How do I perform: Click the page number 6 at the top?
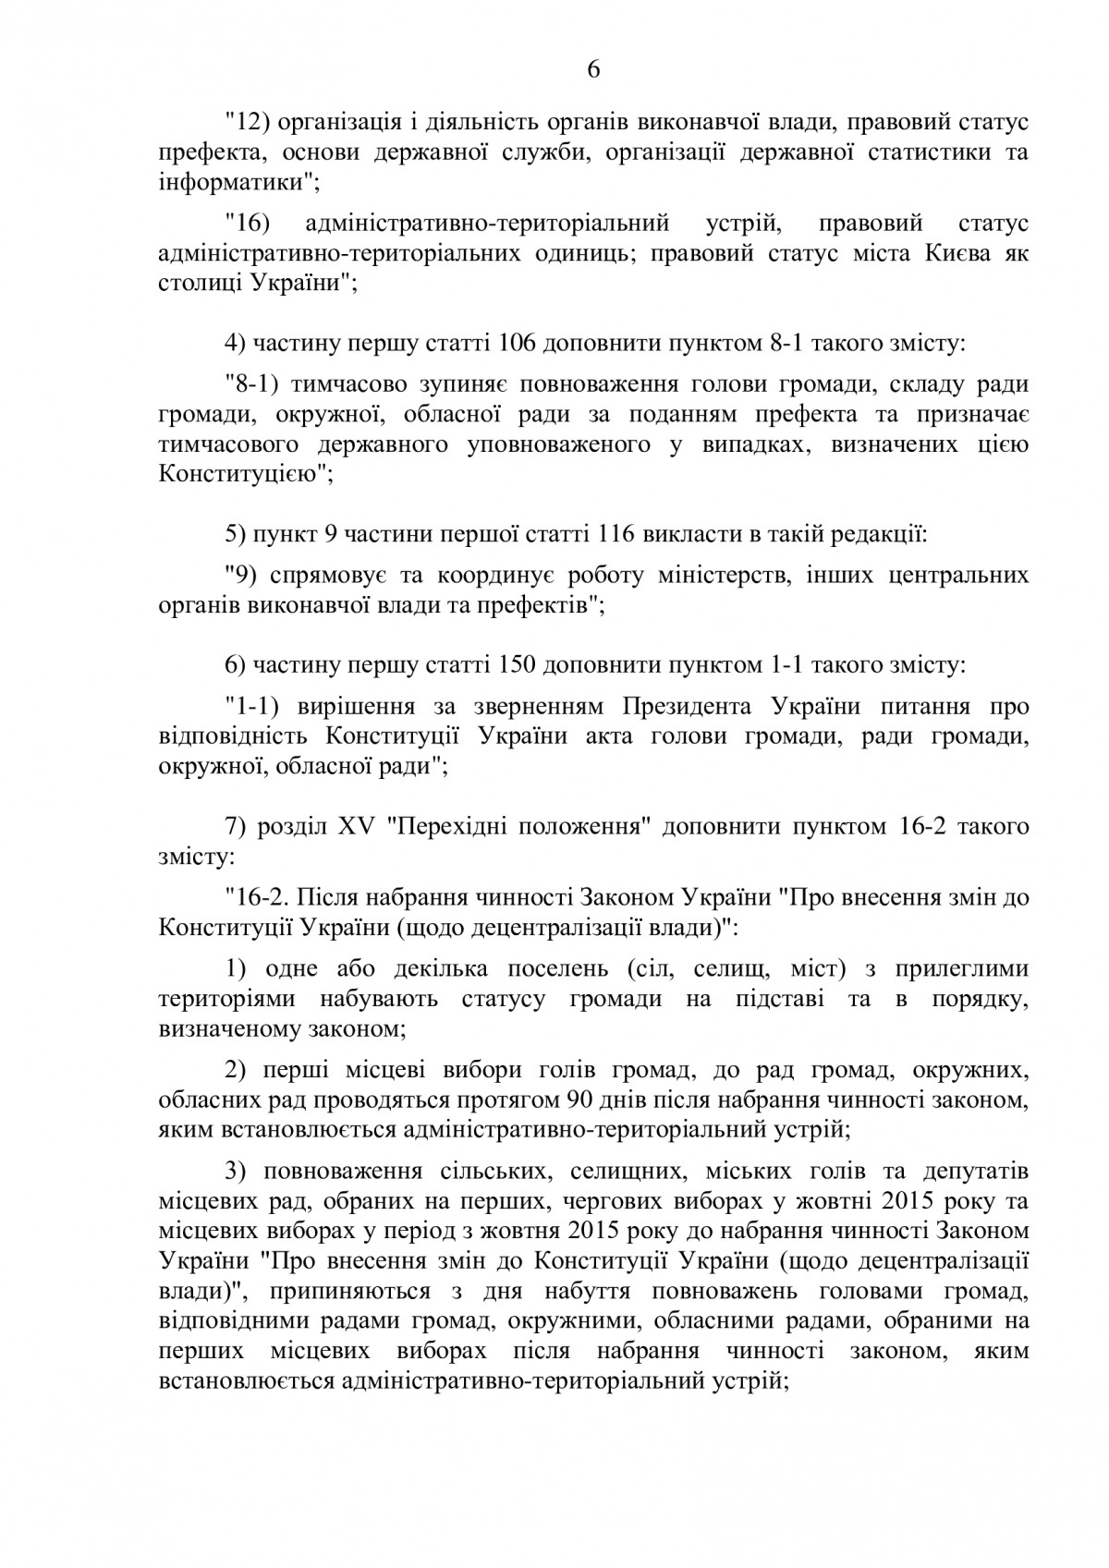tap(592, 71)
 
